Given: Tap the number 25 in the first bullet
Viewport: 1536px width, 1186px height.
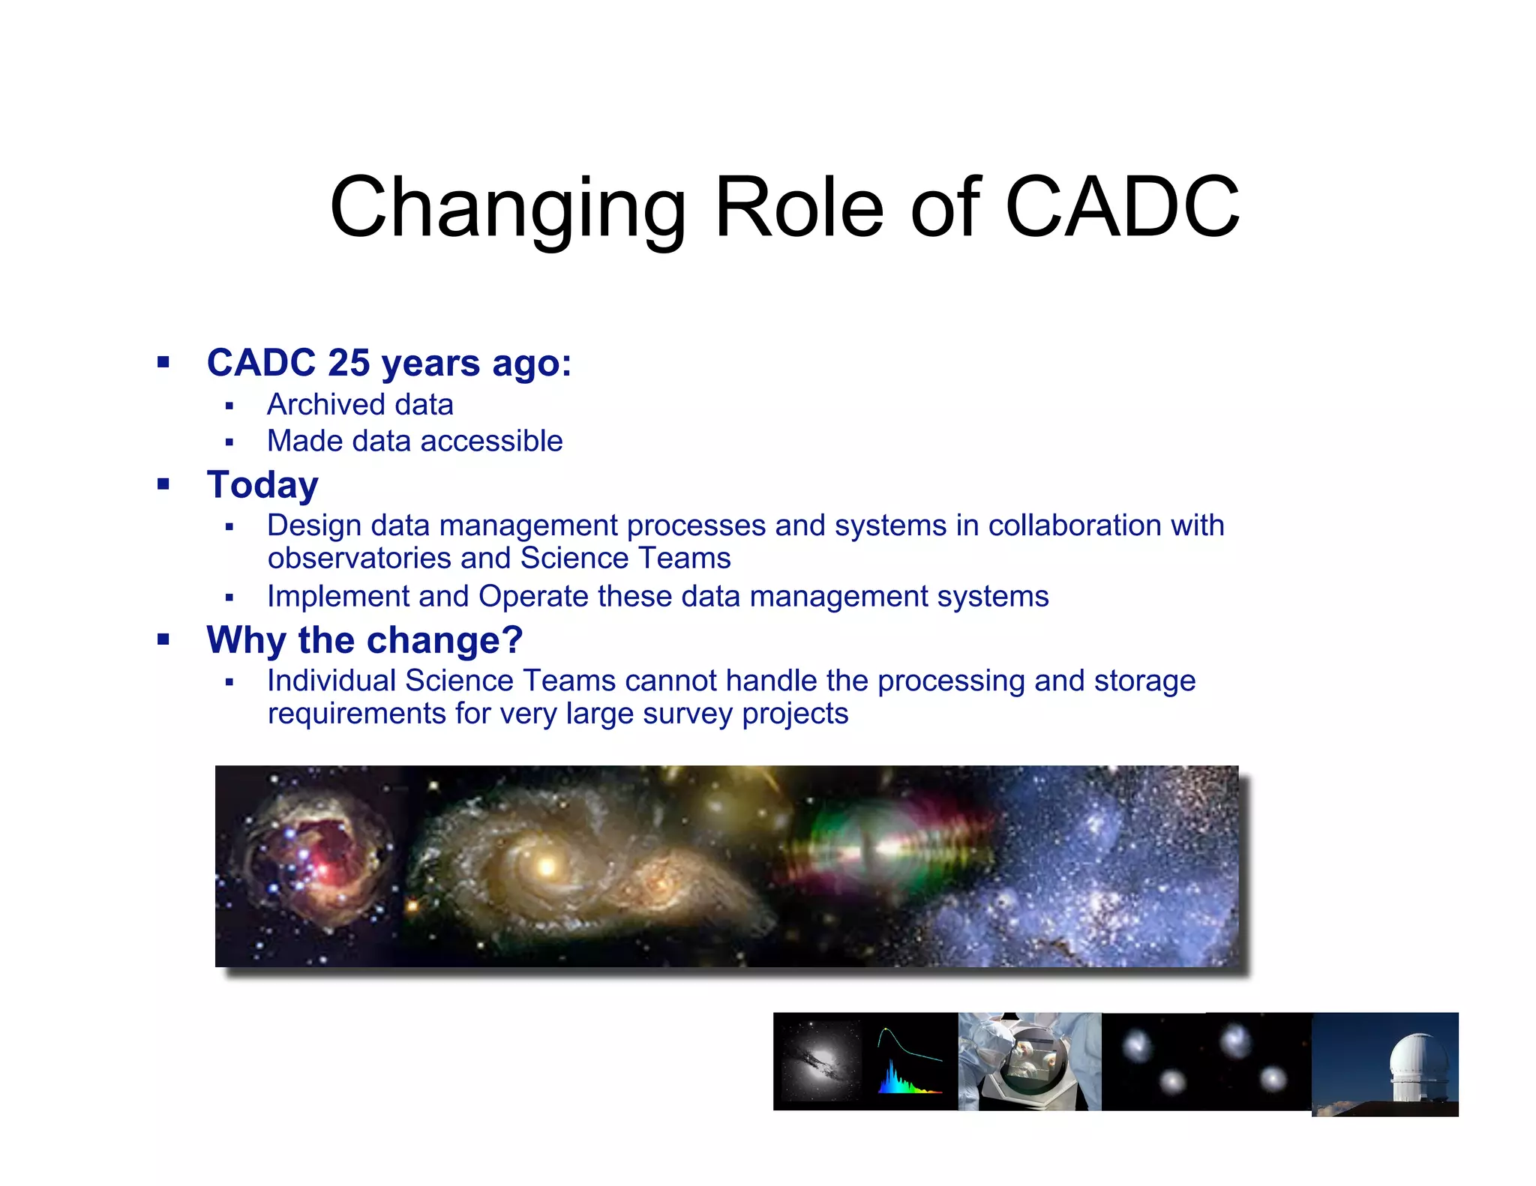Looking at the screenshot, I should coord(349,363).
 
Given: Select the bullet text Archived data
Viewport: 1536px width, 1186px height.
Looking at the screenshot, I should coord(360,405).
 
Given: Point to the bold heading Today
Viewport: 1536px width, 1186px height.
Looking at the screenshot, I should coord(262,484).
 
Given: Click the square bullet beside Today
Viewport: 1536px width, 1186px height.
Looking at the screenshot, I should coord(163,484).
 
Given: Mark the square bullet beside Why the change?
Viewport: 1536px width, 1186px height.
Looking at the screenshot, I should coord(163,639).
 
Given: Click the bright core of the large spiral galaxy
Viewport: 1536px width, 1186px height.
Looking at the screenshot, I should coord(547,867).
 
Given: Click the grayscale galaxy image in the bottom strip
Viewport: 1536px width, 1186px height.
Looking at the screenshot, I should coord(819,1061).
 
